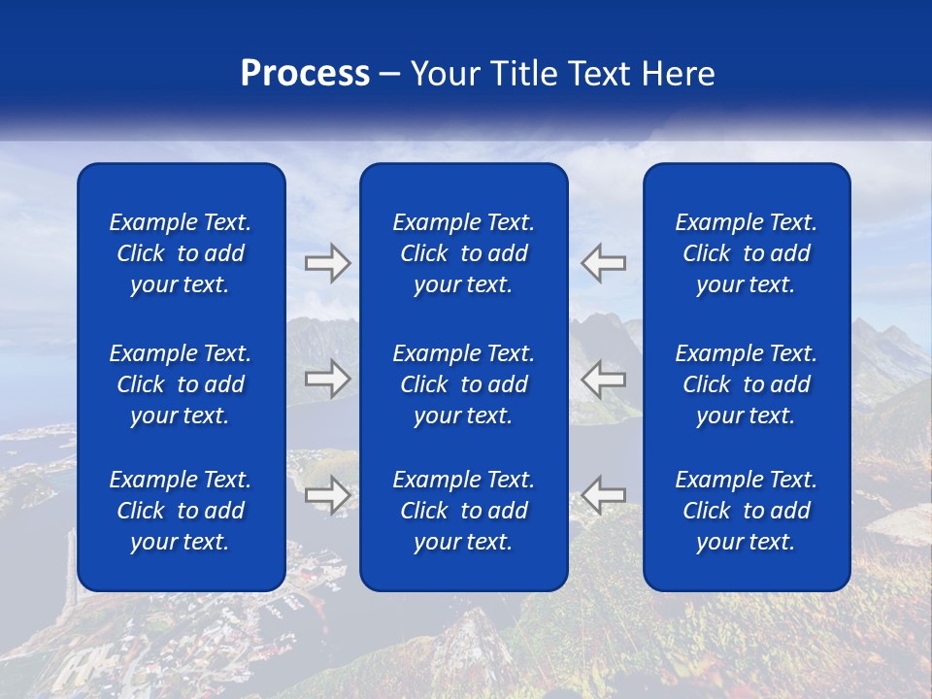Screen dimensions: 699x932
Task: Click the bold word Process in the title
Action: [305, 74]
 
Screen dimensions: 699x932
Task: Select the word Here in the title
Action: [679, 74]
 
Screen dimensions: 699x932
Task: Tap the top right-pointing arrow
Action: [327, 262]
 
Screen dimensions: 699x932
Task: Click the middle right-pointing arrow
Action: [327, 379]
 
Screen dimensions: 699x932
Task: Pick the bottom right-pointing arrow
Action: [327, 495]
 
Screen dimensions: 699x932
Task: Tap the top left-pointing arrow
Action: [604, 262]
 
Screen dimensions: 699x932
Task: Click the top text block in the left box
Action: [181, 253]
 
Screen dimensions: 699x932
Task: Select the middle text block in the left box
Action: [181, 384]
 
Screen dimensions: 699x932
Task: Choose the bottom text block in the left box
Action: [181, 511]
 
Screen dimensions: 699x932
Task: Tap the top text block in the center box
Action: [463, 253]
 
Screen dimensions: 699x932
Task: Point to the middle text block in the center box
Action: [463, 384]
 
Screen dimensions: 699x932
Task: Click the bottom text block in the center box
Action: [463, 511]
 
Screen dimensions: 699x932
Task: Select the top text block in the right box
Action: [746, 253]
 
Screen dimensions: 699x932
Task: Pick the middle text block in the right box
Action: [746, 384]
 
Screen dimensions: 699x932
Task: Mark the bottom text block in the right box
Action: [746, 511]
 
